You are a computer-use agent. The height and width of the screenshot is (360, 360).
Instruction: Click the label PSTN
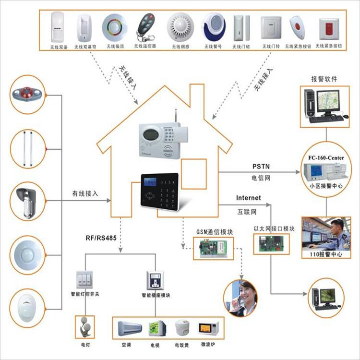click(x=261, y=167)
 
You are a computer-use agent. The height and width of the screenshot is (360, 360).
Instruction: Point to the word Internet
click(x=248, y=198)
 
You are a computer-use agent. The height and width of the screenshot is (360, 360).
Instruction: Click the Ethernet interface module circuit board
click(x=273, y=244)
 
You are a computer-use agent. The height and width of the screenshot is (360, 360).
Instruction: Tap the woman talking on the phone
click(x=242, y=298)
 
